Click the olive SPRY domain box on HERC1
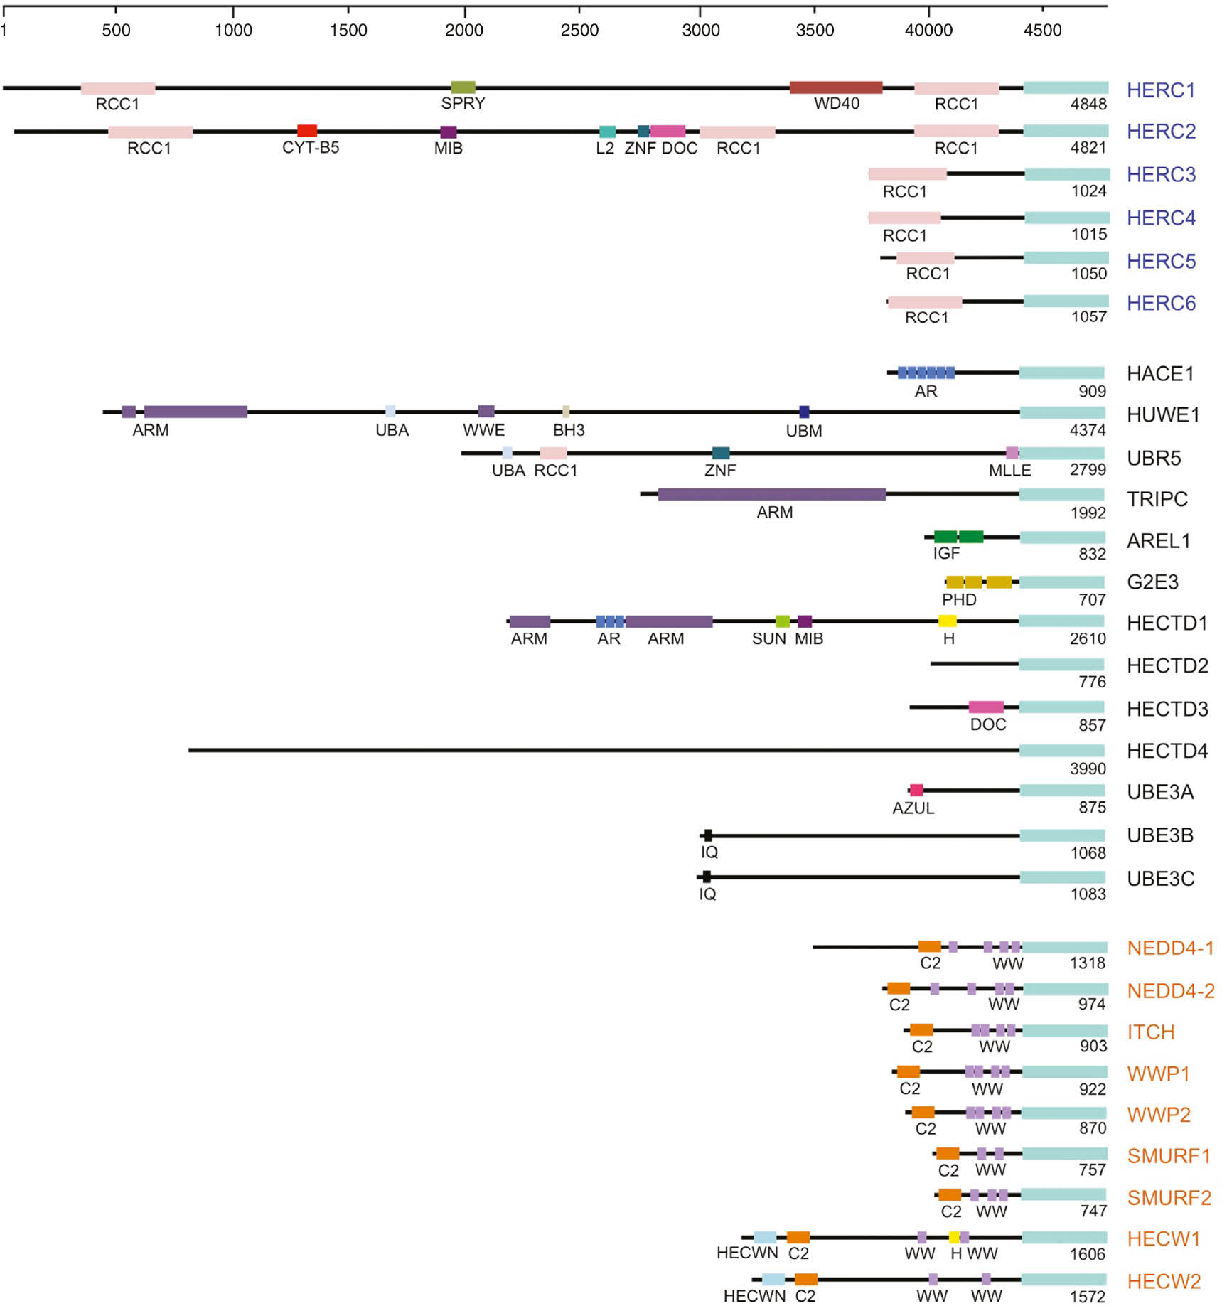click(x=463, y=87)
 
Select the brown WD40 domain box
click(x=836, y=87)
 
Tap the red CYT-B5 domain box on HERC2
click(x=307, y=131)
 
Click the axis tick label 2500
click(x=579, y=31)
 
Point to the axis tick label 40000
click(x=928, y=31)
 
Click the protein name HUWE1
click(x=1163, y=414)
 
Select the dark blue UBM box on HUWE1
click(x=804, y=412)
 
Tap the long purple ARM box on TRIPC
click(x=772, y=494)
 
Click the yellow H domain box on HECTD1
click(x=947, y=621)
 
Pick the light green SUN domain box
click(x=782, y=621)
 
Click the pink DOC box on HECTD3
click(x=986, y=707)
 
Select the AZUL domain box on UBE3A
click(x=916, y=790)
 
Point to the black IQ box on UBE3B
click(x=707, y=835)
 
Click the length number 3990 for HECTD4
click(x=1088, y=769)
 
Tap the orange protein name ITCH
click(x=1150, y=1032)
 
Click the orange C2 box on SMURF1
click(x=947, y=1153)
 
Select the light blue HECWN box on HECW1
click(x=765, y=1238)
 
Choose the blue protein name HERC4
click(x=1161, y=218)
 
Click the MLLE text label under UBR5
click(x=1009, y=471)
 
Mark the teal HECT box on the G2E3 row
click(x=1062, y=582)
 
